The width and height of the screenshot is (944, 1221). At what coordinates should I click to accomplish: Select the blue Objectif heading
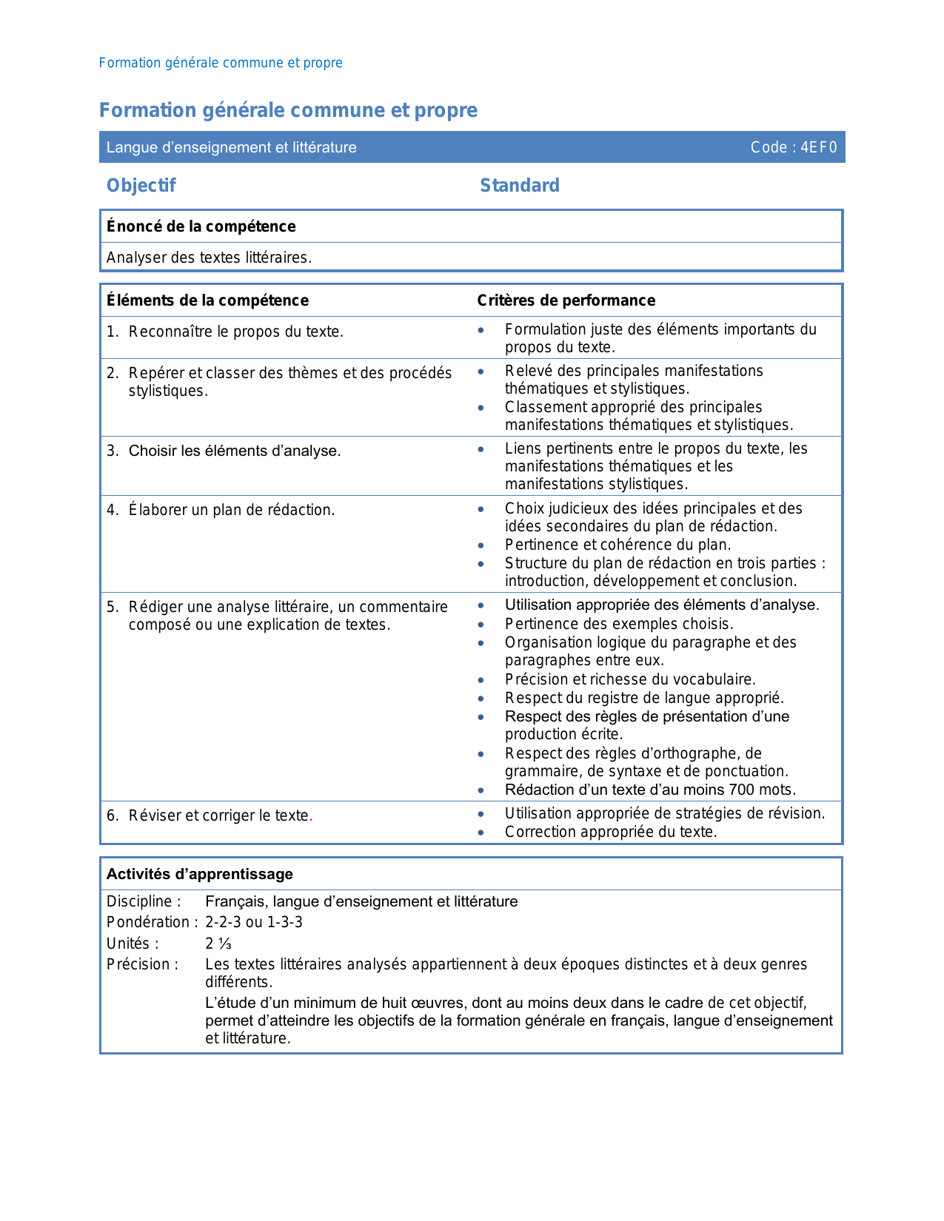click(141, 185)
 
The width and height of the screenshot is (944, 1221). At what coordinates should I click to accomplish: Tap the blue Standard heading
click(520, 185)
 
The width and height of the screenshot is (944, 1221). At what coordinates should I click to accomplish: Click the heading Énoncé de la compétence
click(201, 226)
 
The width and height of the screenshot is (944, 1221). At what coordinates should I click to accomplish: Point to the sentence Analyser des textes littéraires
click(209, 258)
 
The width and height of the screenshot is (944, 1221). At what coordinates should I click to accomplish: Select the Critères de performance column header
click(566, 300)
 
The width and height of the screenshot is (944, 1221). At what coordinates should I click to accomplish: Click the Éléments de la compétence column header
click(207, 300)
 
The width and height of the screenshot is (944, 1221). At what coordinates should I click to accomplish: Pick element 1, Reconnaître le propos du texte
click(235, 332)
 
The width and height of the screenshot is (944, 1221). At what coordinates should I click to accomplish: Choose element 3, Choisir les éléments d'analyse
click(234, 451)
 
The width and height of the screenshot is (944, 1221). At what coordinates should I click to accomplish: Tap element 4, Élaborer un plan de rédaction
click(231, 510)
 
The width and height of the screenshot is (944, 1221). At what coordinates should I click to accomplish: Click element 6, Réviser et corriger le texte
click(219, 815)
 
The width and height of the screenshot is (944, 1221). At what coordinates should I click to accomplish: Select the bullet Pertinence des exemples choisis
click(619, 624)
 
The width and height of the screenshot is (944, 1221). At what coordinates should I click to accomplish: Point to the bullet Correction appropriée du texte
click(611, 832)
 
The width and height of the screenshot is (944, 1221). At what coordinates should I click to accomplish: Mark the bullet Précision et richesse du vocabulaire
click(630, 679)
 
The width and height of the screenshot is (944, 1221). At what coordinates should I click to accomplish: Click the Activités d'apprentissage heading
click(200, 874)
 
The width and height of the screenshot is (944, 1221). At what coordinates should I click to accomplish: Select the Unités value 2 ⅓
click(218, 943)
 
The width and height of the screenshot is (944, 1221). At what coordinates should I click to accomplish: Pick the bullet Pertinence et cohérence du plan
click(617, 545)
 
